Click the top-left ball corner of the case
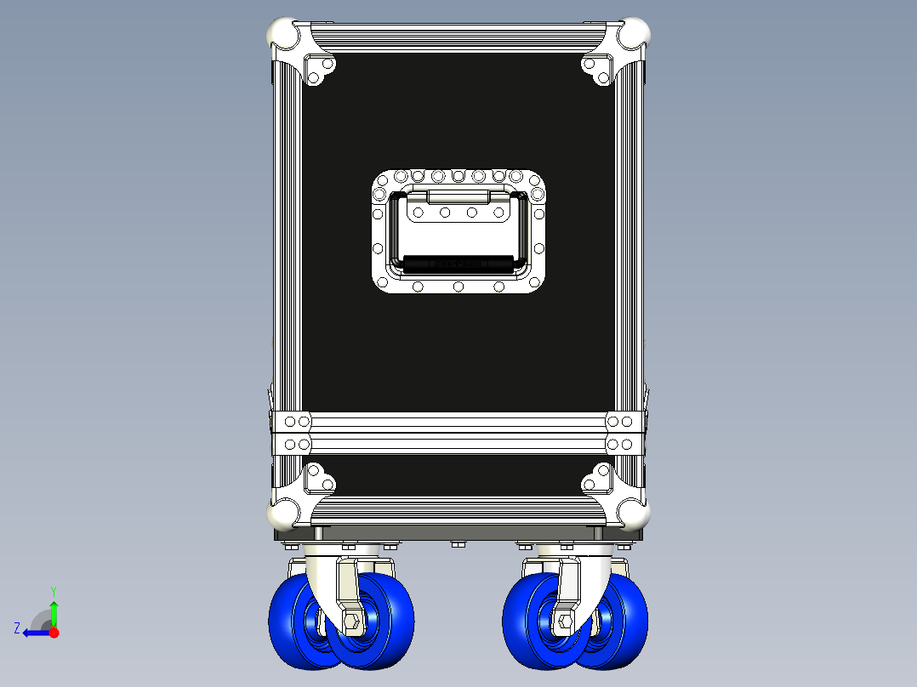(283, 36)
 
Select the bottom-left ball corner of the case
(283, 513)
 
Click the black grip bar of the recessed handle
(458, 264)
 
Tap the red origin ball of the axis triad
(54, 633)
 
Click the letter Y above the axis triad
(53, 590)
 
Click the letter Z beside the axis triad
(17, 628)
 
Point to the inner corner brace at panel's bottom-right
(598, 480)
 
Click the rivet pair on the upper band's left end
(297, 422)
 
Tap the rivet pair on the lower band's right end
(620, 444)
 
